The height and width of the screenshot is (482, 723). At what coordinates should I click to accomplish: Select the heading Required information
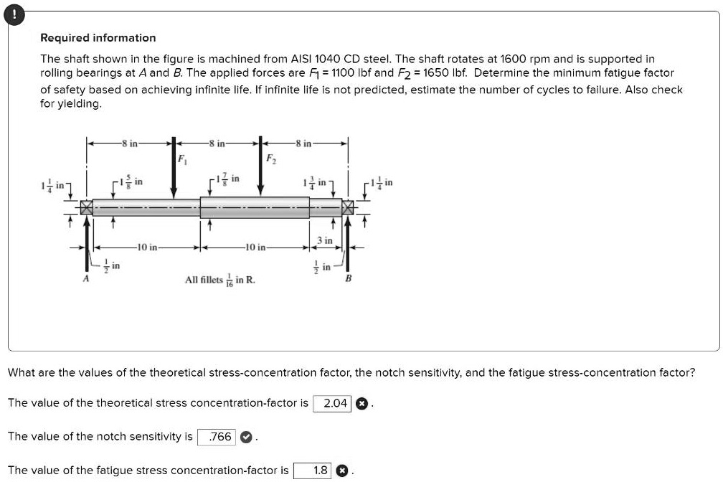click(98, 38)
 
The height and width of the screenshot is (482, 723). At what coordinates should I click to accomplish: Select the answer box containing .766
click(219, 437)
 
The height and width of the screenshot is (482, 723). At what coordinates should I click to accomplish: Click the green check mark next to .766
click(246, 437)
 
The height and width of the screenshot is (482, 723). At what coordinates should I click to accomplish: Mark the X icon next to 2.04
click(362, 403)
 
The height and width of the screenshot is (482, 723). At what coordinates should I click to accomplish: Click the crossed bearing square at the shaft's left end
click(87, 209)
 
